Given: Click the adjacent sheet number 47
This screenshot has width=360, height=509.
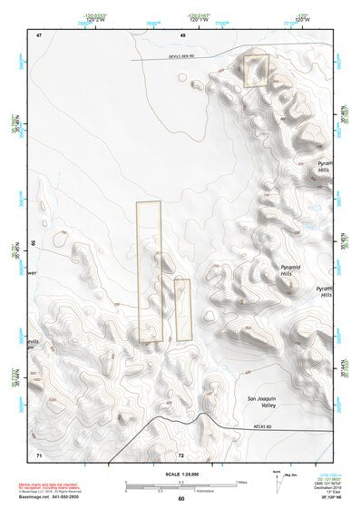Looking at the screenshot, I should coord(40,34).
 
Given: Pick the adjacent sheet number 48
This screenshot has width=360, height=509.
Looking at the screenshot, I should coord(181,34).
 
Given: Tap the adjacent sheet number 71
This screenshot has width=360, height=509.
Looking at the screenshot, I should coord(39,453).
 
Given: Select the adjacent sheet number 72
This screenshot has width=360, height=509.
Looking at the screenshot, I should coord(181,453).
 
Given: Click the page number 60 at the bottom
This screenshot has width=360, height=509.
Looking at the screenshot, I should coord(181,498).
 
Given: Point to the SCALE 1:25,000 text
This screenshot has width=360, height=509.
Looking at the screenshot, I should coord(181,474).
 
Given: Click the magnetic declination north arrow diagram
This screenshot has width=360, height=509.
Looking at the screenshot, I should coord(277,482).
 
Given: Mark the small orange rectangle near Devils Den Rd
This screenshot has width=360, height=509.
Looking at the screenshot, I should coord(257,71).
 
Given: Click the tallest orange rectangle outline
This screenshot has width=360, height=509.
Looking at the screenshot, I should coord(149,272).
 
